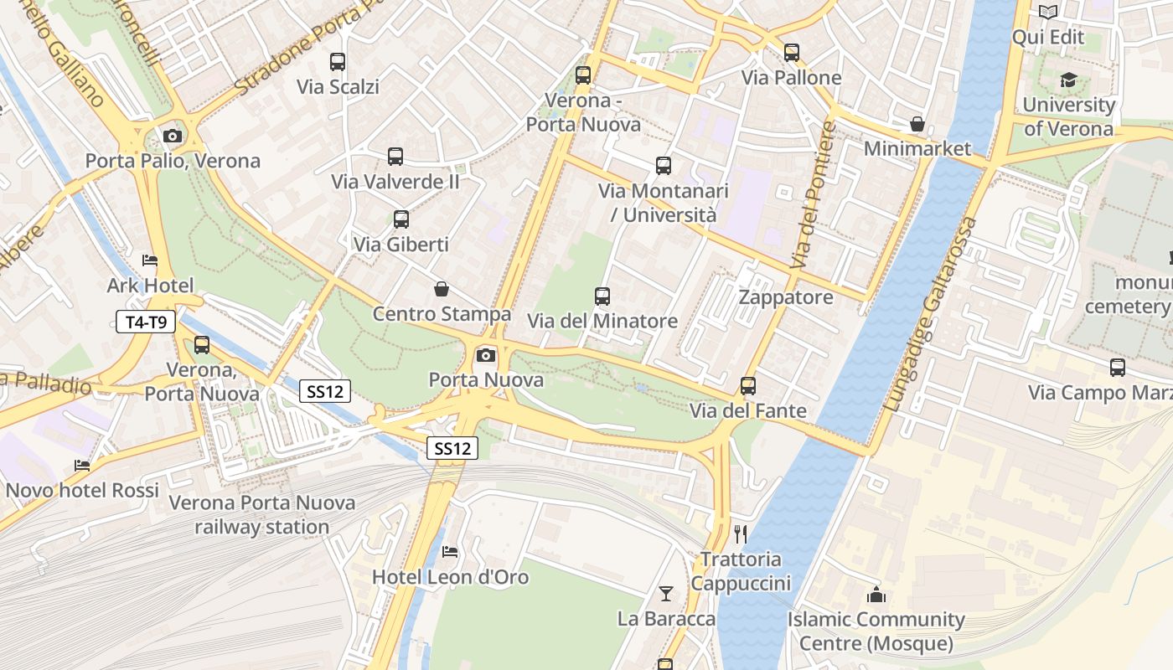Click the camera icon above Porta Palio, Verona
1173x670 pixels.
[x=173, y=136]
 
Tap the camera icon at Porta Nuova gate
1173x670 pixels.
[x=485, y=355]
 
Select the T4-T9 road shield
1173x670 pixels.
[x=146, y=322]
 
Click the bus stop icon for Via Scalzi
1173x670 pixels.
[x=338, y=62]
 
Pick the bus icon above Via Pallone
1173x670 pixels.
[x=791, y=53]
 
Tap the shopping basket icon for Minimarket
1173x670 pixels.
[x=917, y=124]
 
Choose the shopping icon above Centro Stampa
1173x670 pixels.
[x=442, y=289]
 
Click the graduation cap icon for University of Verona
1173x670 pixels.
[x=1068, y=80]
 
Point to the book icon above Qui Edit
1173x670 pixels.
[x=1047, y=12]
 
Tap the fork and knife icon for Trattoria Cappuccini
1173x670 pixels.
[x=740, y=533]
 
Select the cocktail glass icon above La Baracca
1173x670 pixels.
[x=666, y=594]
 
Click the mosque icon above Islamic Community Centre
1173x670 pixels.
[x=876, y=595]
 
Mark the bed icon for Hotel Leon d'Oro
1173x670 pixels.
[x=450, y=552]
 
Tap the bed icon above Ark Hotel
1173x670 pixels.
[x=150, y=260]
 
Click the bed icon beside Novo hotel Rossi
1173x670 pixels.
[x=82, y=465]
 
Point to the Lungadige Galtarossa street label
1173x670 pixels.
[x=931, y=314]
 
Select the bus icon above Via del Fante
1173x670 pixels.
[x=748, y=386]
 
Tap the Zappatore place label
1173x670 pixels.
[x=785, y=297]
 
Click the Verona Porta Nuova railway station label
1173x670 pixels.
[x=261, y=514]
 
